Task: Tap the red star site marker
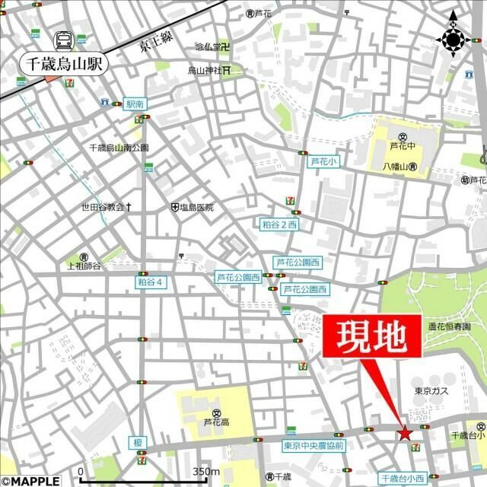click(404, 434)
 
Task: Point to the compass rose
click(454, 38)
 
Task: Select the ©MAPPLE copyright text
click(30, 480)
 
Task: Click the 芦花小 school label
click(323, 161)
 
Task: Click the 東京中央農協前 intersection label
click(314, 445)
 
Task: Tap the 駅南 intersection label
click(135, 103)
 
